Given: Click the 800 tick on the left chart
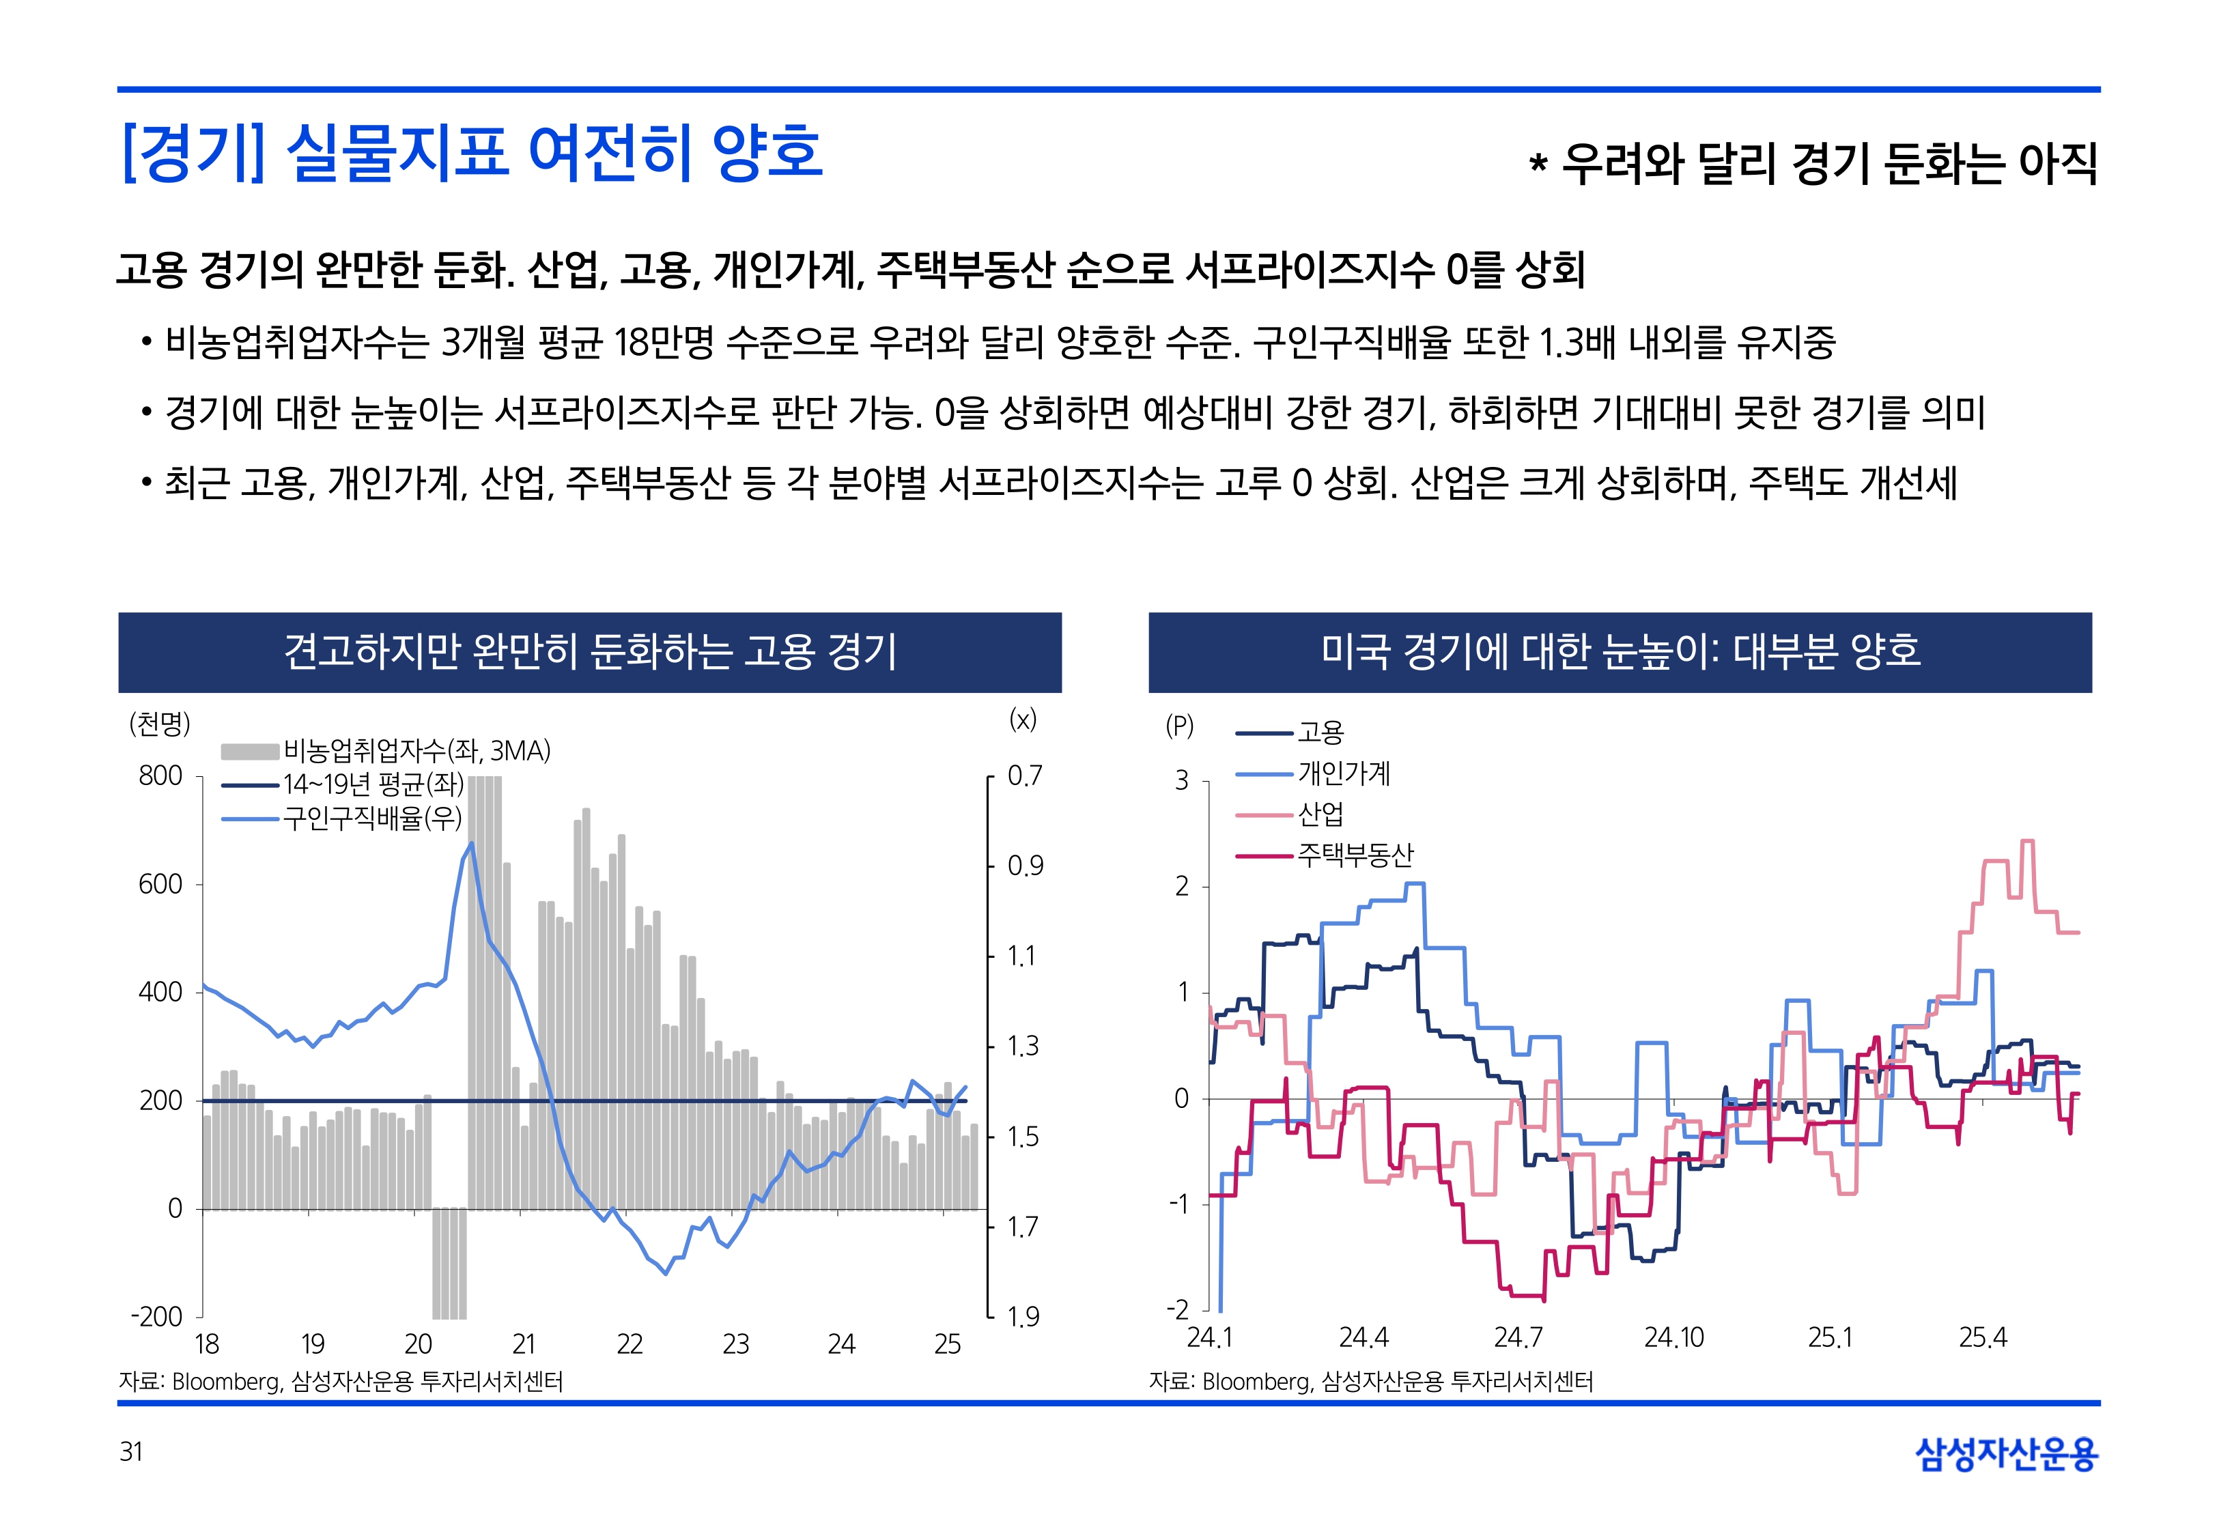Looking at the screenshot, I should pos(160,776).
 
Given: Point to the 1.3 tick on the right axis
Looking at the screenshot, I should pos(1023,1046).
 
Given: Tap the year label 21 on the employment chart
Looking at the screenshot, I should pos(524,1343).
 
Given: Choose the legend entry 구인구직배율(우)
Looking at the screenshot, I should pos(371,818).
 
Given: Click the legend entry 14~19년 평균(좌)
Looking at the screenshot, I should pos(372,784).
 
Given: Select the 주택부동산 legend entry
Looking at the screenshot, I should pos(1355,855).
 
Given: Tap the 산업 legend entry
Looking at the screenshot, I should pos(1320,814).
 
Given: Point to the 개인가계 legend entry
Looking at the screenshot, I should pos(1343,773).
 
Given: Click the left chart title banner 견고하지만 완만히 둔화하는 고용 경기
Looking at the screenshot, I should pos(590,651).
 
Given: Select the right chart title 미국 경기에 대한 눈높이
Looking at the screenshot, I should pos(1620,651).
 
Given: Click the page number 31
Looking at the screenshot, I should pos(131,1451).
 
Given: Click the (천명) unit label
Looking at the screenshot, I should pos(160,723).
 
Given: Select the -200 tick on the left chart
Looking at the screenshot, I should pos(157,1317).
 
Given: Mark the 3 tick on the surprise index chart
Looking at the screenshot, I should pos(1182,780).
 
